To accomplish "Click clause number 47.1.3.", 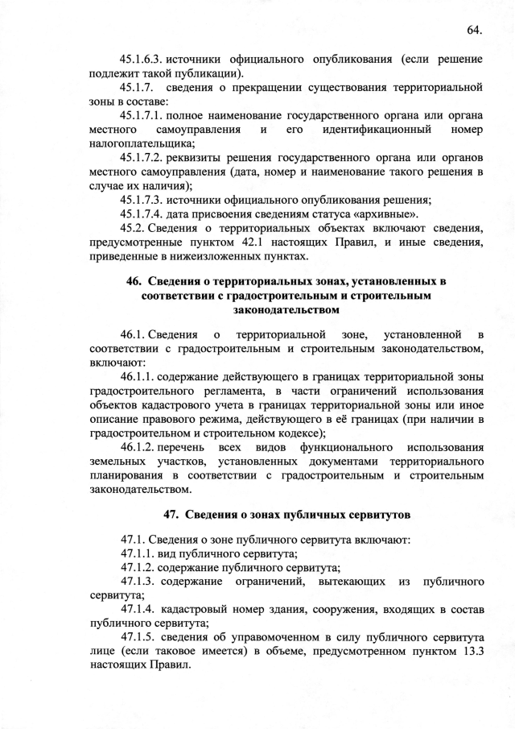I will coord(139,582).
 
